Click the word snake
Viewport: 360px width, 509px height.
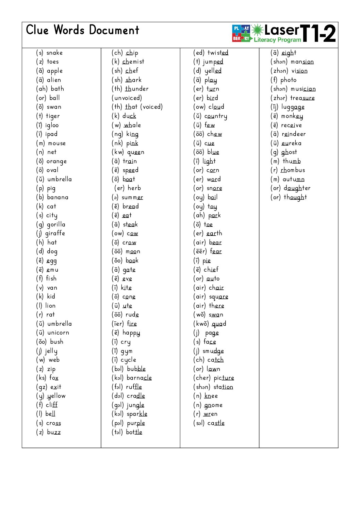(54, 53)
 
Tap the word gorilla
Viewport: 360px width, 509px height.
(56, 224)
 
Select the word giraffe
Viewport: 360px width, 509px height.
(55, 234)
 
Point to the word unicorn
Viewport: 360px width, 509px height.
(58, 333)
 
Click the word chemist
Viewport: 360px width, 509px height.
(133, 62)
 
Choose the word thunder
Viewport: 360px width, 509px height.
(137, 89)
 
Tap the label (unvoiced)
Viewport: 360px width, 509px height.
(127, 98)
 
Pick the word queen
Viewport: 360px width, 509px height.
(136, 152)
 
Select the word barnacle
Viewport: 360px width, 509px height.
(139, 378)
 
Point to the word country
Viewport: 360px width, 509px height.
(216, 116)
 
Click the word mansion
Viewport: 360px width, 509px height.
(302, 62)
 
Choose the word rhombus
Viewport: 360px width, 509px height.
(293, 170)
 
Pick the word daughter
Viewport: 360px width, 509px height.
(297, 188)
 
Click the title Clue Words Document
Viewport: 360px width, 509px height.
(83, 30)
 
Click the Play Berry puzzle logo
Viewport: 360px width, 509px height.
(241, 33)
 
